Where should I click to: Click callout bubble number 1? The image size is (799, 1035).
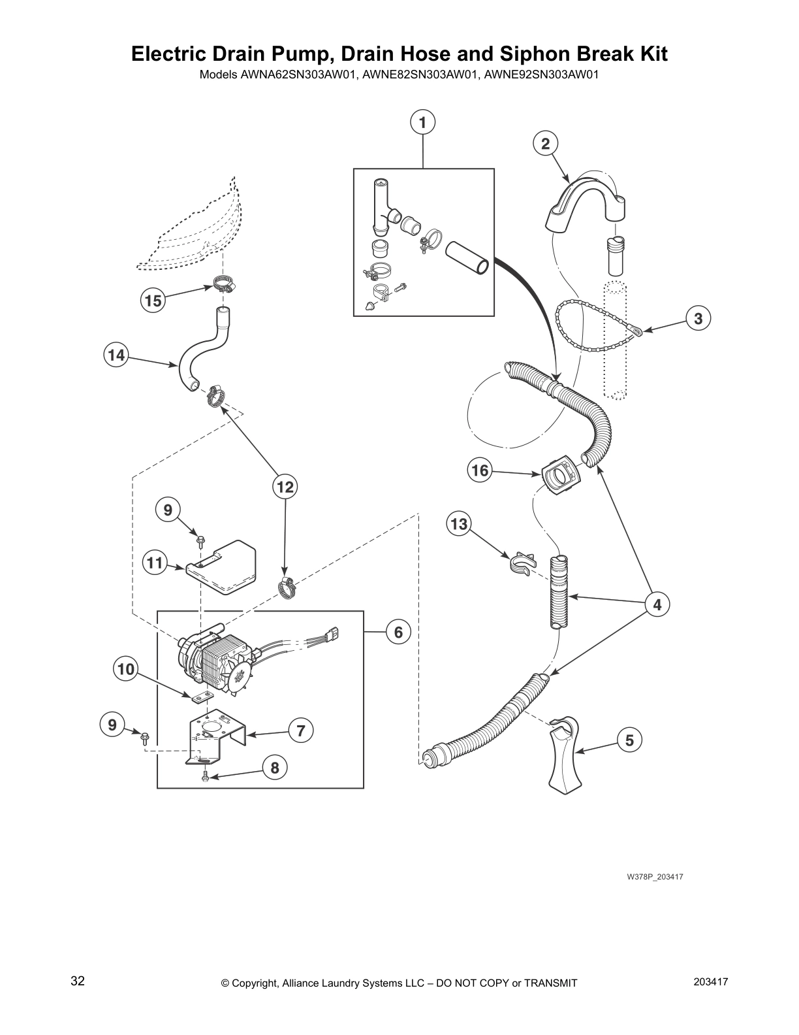422,123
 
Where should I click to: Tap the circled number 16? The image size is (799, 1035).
480,470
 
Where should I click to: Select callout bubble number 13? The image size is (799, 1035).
459,525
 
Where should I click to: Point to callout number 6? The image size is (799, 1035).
398,632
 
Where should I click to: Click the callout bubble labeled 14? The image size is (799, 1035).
116,355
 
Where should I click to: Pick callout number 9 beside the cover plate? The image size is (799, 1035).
168,510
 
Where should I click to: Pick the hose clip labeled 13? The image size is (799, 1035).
522,563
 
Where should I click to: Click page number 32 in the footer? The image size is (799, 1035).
78,981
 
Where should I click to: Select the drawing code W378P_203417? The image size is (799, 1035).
655,876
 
